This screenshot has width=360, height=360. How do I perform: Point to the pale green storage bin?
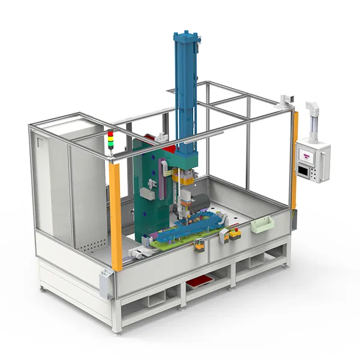click(x=262, y=225)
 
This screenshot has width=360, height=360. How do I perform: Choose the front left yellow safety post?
click(x=115, y=216)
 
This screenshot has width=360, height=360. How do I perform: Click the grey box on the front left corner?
click(x=106, y=283)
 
